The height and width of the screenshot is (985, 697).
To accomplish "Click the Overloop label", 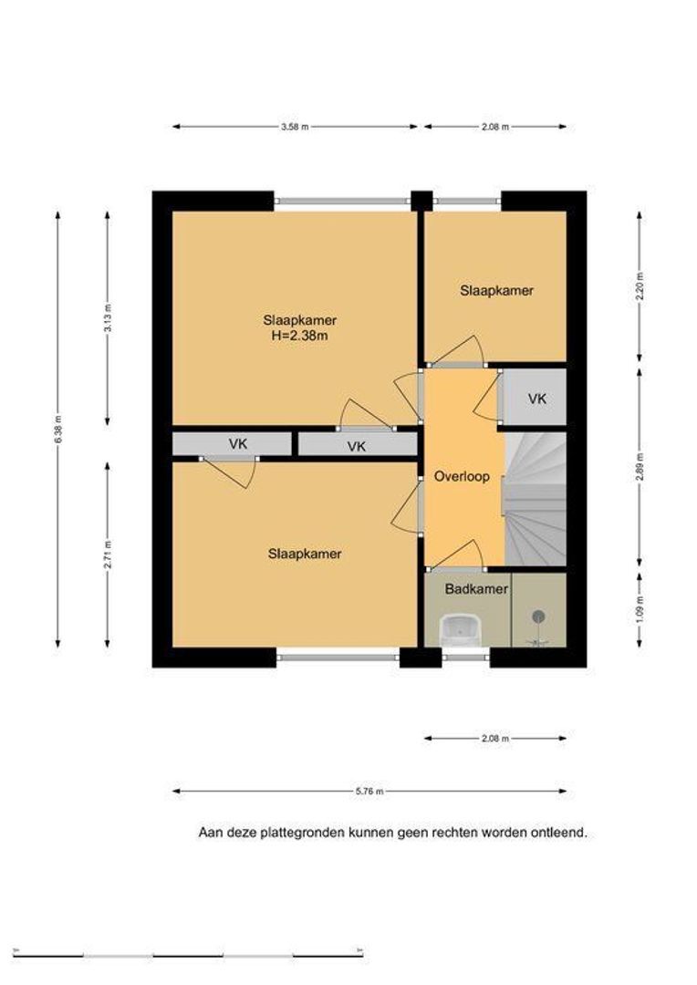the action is pos(462,476).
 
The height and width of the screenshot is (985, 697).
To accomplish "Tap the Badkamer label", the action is pos(476,589).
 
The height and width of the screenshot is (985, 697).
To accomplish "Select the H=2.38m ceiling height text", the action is pos(300,336).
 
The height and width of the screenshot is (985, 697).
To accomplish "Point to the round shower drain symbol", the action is pos(538,617).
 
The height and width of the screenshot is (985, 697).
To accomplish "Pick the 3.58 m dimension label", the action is pos(296,127).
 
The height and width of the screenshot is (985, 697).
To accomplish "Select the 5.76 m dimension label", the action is pos(369,792).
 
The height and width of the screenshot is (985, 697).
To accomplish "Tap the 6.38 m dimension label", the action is pos(57,430).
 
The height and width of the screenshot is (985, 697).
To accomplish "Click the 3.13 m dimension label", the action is pos(108,318).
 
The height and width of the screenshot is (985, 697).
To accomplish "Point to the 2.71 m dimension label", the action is pos(108,555).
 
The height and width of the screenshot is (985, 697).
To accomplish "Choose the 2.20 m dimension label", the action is pos(640,285).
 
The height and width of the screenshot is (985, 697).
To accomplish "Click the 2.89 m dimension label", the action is pos(640,467).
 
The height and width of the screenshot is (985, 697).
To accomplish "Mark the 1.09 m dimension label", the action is pos(640,608).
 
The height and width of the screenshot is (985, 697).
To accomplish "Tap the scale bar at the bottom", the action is pos(188,956).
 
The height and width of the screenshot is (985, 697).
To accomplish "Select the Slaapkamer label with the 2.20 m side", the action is pos(496,290).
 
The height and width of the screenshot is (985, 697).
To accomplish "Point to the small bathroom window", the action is pos(465,657).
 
